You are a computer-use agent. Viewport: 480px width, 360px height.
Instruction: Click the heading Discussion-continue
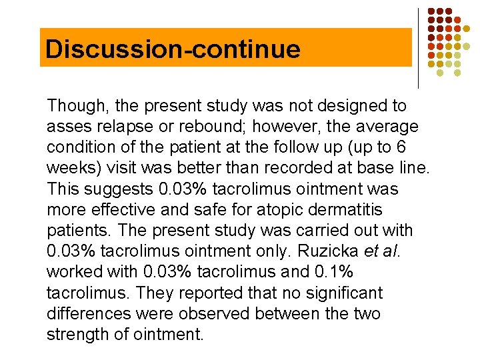[x=173, y=49]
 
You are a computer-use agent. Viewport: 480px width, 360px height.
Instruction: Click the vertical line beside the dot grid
[x=418, y=48]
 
